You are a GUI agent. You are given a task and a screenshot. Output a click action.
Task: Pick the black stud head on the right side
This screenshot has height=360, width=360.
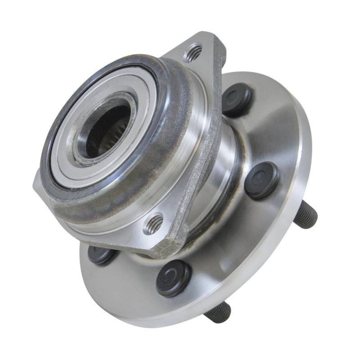coord(262,180)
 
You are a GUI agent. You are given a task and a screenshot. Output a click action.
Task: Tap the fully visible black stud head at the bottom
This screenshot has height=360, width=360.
coord(174,278)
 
